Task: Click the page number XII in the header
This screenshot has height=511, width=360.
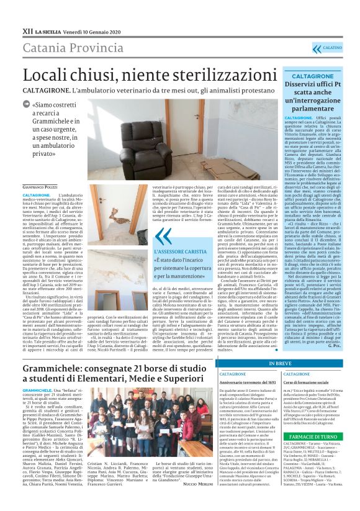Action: point(27,12)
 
